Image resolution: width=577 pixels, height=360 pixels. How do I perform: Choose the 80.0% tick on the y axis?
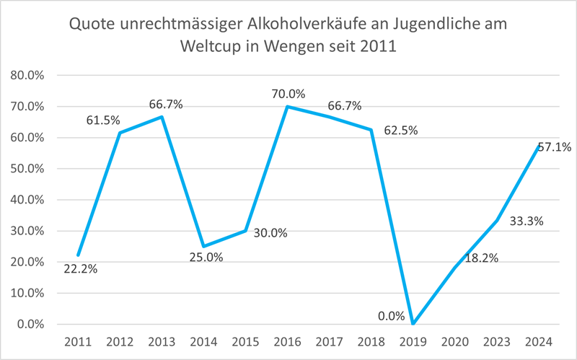27,76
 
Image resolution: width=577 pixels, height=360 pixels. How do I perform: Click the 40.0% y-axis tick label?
27,200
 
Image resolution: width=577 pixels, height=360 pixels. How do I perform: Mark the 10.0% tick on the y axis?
27,294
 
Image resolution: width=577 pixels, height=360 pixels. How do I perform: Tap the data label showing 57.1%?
553,147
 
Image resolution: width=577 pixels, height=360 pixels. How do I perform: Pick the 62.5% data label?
400,131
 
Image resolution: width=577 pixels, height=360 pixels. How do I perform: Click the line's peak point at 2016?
288,107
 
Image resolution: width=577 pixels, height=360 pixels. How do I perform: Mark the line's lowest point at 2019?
413,324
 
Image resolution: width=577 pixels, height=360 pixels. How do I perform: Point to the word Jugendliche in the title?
431,24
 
